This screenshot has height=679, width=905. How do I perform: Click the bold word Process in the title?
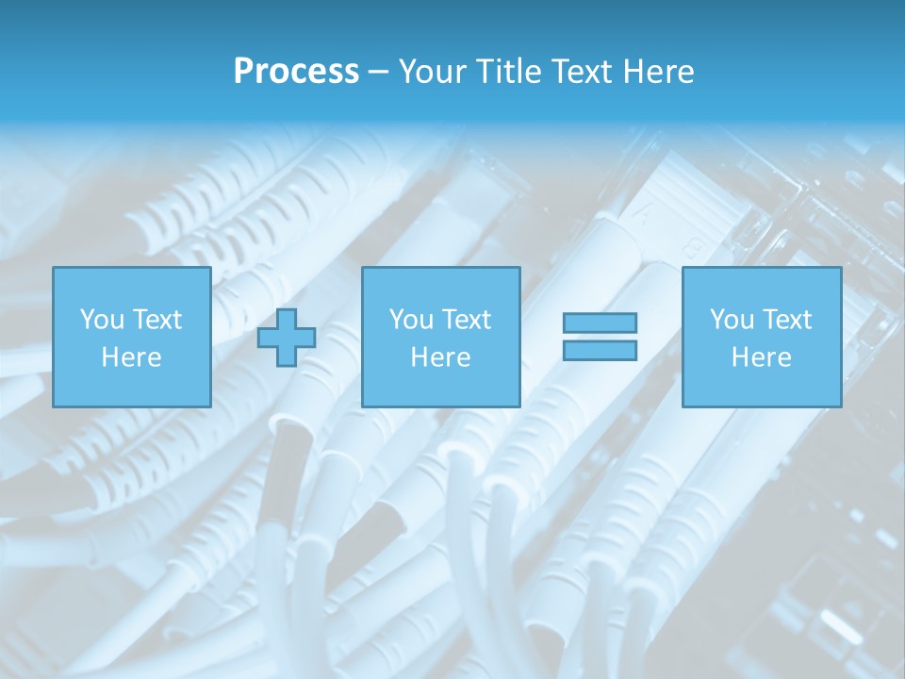[296, 72]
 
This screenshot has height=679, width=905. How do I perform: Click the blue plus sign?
[287, 338]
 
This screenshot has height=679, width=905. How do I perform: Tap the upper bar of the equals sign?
[600, 323]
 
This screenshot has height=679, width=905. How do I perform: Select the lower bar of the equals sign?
[600, 351]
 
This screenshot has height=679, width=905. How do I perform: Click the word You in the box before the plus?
[102, 320]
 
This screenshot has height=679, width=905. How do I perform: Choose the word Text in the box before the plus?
[156, 320]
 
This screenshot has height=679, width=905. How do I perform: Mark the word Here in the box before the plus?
[131, 357]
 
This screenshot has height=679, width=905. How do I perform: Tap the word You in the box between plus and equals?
[411, 320]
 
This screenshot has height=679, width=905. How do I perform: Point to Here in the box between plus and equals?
[440, 357]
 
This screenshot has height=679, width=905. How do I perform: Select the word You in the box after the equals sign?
[732, 320]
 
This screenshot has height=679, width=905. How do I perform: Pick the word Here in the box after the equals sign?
[761, 357]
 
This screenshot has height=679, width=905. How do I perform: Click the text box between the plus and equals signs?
[440, 387]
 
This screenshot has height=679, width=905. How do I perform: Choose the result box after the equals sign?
[761, 387]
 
